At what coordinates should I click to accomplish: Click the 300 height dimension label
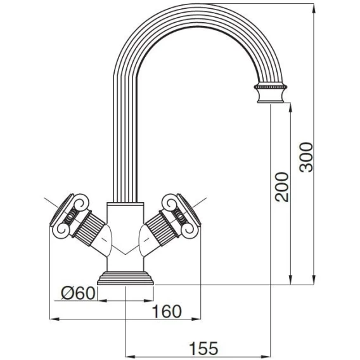click(307, 157)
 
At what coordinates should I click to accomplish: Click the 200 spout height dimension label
click(282, 187)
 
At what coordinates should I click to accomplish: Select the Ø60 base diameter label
click(79, 293)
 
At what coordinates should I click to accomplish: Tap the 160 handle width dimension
click(167, 312)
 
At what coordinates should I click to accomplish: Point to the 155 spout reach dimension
click(203, 349)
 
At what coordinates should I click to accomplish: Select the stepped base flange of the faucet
click(125, 278)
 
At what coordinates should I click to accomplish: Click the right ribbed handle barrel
click(162, 229)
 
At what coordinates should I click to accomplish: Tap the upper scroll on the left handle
click(81, 202)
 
